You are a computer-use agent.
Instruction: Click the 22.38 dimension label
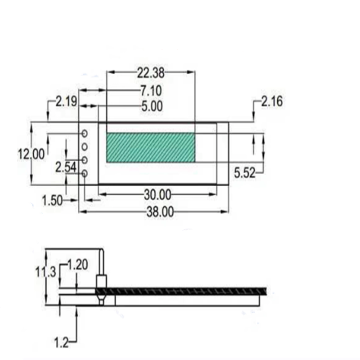coord(151,73)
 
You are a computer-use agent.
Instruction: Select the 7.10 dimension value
coord(151,90)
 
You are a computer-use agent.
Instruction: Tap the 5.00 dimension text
coord(152,106)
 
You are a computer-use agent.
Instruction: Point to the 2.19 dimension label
coord(66,102)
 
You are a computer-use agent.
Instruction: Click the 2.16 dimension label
coord(272,102)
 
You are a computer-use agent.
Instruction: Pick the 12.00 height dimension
coord(31,154)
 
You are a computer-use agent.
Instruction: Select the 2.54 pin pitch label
coord(66,167)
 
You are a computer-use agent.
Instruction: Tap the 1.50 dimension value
coord(52,200)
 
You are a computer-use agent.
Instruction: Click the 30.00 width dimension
coord(157,195)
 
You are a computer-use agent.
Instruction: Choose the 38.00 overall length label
coord(160,212)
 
